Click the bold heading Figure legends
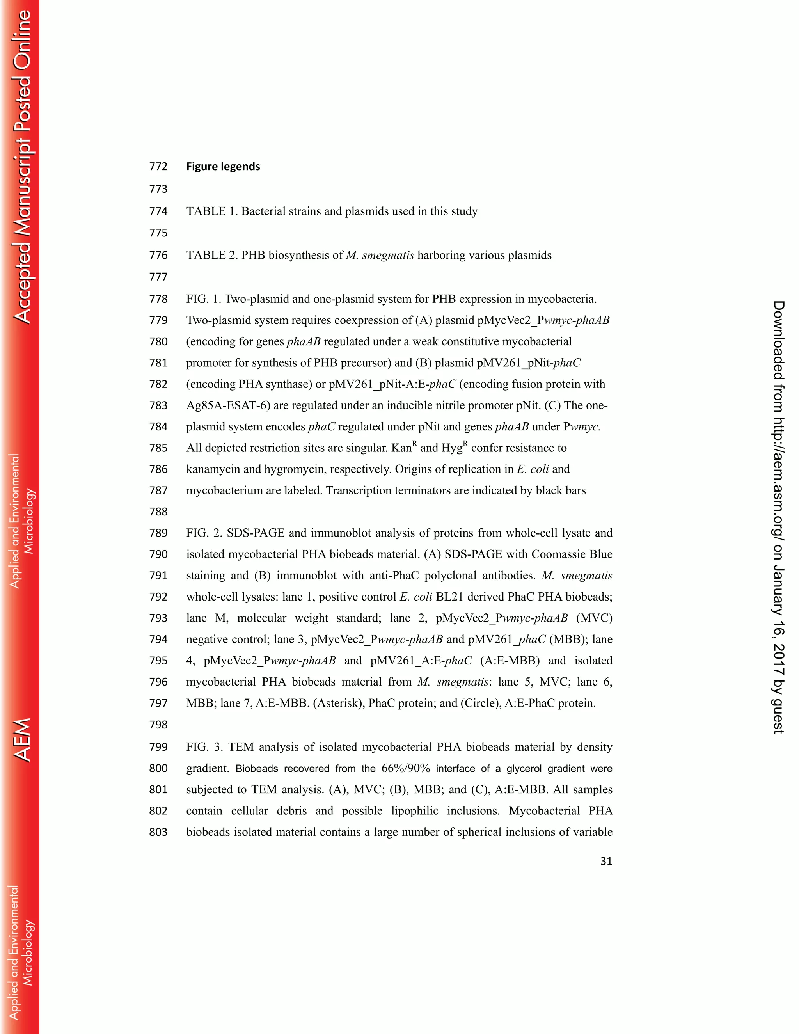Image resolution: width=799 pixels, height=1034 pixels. point(223,167)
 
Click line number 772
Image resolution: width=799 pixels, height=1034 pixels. point(158,167)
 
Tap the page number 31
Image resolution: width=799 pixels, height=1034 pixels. point(606,861)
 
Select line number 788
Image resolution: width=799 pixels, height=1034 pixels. point(158,512)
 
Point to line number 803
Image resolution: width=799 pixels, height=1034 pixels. point(158,832)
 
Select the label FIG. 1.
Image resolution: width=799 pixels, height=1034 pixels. point(204,299)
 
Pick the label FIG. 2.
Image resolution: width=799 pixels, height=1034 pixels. point(204,533)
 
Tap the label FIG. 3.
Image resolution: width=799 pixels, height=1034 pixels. point(204,747)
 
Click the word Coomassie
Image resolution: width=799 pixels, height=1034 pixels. point(558,554)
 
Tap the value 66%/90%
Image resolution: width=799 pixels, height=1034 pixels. point(406,768)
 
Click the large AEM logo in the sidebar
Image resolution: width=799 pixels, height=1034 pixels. point(22,740)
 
